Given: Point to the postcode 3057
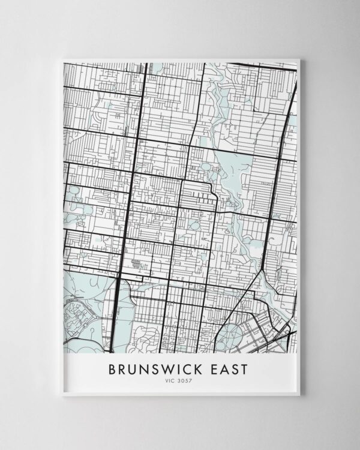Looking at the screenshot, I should pyautogui.click(x=186, y=380).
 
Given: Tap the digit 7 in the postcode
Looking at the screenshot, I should pyautogui.click(x=191, y=380).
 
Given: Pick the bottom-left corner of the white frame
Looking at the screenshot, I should pyautogui.click(x=59, y=396).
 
